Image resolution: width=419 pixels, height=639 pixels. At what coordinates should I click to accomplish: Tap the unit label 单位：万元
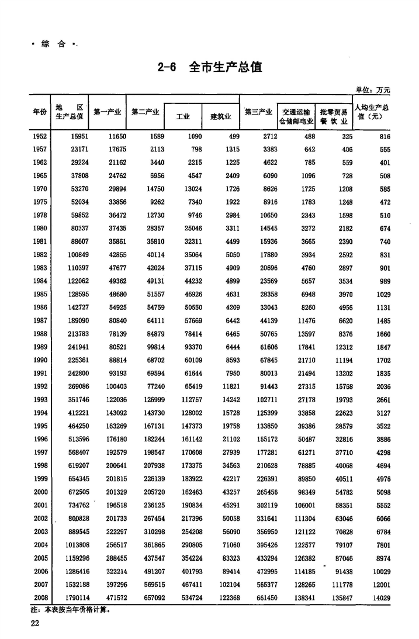pos(372,89)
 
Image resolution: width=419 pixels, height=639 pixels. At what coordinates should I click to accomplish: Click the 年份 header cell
pos(40,112)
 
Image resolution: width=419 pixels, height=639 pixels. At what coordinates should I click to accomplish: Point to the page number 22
pos(35,624)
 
